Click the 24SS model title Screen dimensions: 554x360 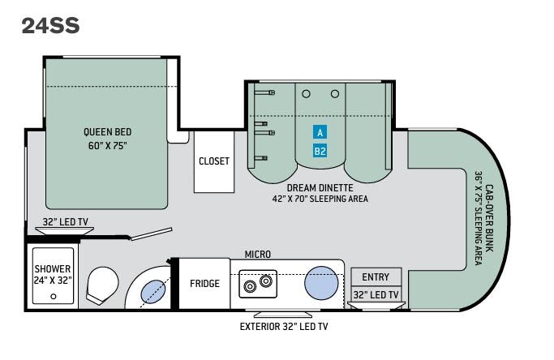point(50,26)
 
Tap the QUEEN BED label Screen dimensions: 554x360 point(107,132)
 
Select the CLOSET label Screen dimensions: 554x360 point(214,161)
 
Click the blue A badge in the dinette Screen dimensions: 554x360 point(320,132)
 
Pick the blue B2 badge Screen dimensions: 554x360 point(320,151)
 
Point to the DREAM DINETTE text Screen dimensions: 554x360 point(320,187)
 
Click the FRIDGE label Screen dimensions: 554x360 point(204,283)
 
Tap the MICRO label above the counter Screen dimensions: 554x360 point(258,254)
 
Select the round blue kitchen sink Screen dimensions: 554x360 point(321,283)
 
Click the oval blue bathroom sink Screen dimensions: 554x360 point(153,292)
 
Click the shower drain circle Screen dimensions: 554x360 point(54,297)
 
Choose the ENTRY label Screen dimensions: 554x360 point(376,277)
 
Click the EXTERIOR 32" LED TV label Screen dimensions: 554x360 point(284,327)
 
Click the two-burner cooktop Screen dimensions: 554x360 point(258,284)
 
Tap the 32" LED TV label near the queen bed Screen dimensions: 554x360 point(66,222)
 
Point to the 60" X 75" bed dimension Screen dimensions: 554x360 point(107,146)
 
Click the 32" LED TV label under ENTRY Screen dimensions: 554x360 point(376,294)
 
